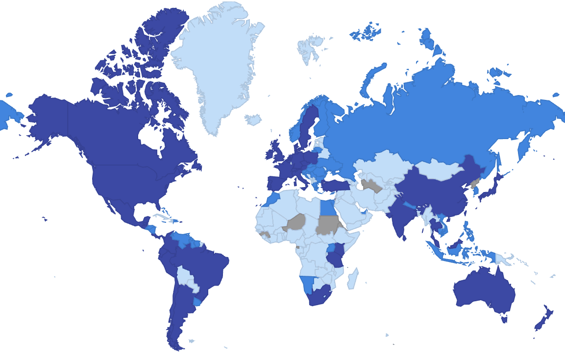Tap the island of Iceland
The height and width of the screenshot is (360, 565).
253,120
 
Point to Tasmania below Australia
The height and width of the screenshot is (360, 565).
504,319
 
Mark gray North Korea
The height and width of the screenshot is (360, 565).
474,184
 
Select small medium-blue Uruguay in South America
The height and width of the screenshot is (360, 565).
197,301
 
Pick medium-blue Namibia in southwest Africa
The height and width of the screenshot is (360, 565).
307,284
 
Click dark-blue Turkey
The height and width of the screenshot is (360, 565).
336,185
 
